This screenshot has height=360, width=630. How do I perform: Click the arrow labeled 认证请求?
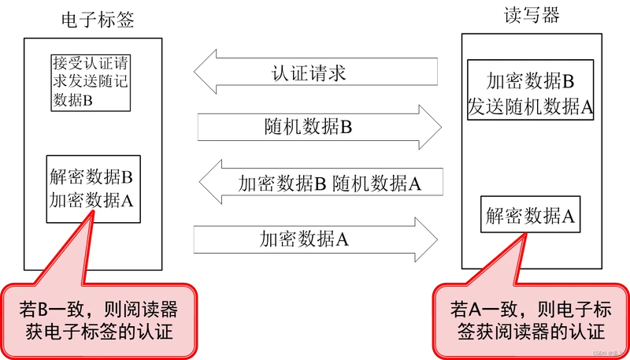click(x=315, y=75)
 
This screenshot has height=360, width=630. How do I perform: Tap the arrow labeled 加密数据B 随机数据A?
click(x=323, y=184)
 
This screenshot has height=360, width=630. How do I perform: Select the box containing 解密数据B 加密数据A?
click(x=92, y=187)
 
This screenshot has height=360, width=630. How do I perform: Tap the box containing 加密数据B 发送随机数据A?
click(x=529, y=94)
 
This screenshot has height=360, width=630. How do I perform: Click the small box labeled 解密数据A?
click(x=529, y=213)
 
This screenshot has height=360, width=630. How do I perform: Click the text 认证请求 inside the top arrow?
click(x=309, y=75)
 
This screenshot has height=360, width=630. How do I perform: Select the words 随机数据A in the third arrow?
click(x=377, y=184)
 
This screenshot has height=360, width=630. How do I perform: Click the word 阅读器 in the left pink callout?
click(x=151, y=306)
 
